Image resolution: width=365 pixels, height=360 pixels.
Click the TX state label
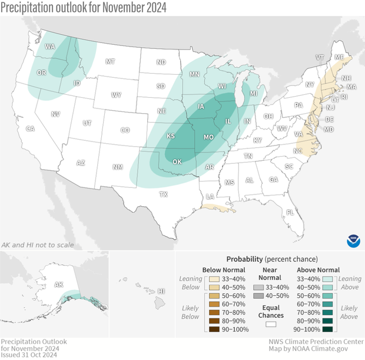click(x=163, y=194)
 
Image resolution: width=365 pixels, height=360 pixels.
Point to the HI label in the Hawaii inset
click(x=161, y=291)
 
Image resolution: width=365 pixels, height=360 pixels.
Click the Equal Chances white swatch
click(x=271, y=324)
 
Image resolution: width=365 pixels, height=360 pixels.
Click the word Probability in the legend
click(x=244, y=259)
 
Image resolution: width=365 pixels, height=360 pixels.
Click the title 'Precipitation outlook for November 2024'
click(x=84, y=8)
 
